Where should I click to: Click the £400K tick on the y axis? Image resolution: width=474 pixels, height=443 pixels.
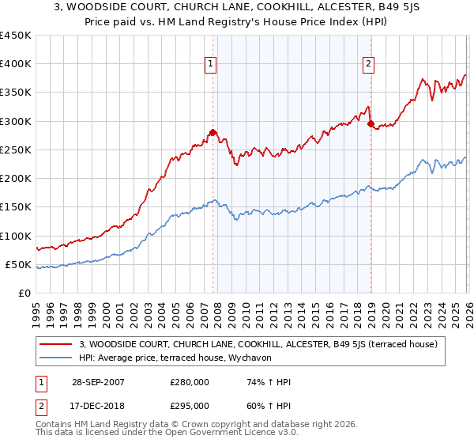point(16,64)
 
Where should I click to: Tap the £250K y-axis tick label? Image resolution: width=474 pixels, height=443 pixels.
point(16,150)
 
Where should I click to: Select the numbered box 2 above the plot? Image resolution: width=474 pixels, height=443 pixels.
point(369,66)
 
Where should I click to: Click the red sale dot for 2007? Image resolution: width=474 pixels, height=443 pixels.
point(213,133)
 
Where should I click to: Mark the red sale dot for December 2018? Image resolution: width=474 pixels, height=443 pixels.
point(371,124)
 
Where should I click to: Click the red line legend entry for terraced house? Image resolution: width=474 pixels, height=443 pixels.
point(263,343)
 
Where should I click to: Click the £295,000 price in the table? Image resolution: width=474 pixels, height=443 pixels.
point(190,406)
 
